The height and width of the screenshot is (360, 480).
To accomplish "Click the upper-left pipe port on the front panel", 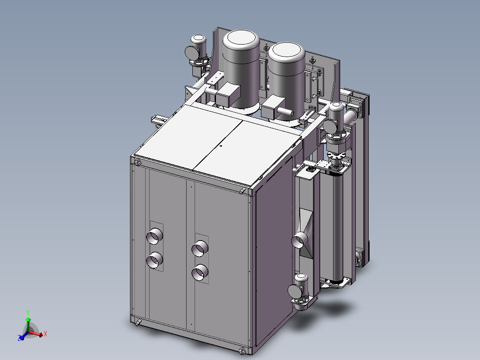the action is click(x=155, y=236).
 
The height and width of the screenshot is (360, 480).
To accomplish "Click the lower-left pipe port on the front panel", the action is click(x=155, y=261).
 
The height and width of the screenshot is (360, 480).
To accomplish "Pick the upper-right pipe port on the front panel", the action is click(x=200, y=249).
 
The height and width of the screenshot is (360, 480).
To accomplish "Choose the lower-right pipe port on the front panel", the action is click(x=200, y=272).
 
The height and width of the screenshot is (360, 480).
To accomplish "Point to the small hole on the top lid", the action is click(x=221, y=146).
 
